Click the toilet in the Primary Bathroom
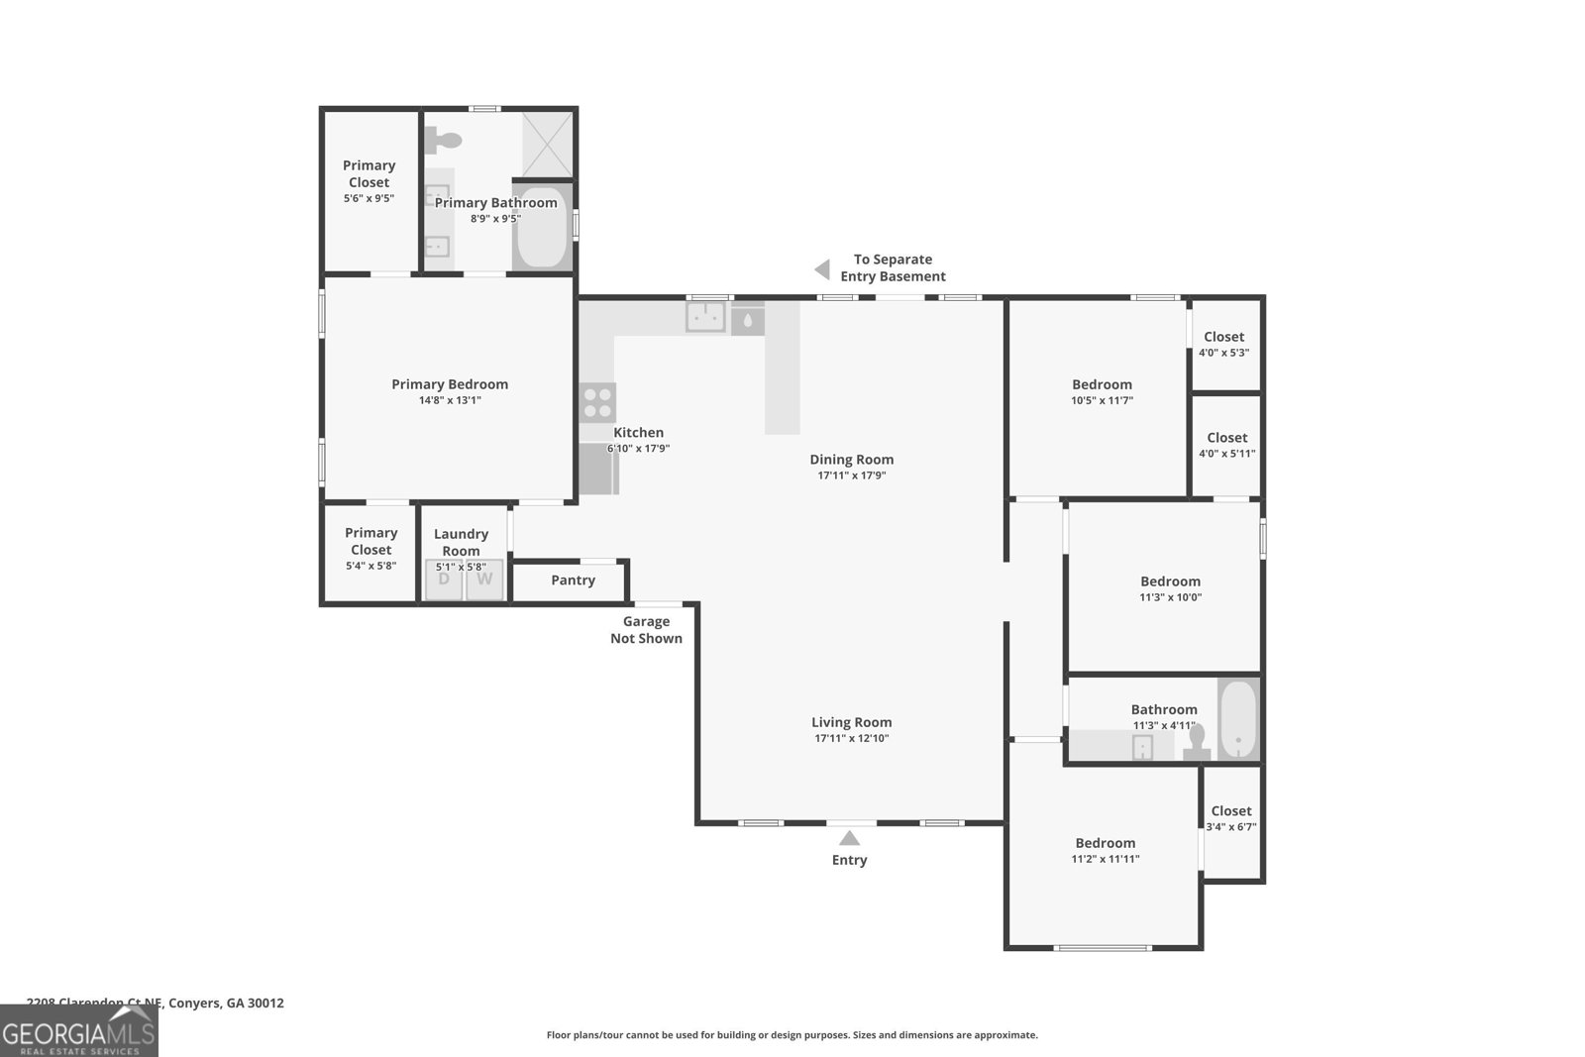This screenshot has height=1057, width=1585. (x=444, y=142)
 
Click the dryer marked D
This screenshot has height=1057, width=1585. (x=444, y=581)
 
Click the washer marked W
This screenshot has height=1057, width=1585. (x=484, y=581)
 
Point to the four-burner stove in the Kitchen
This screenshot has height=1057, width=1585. (x=597, y=402)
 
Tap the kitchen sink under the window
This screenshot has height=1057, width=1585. (x=706, y=317)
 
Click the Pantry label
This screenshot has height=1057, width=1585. (x=573, y=581)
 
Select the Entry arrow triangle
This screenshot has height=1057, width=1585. (x=849, y=838)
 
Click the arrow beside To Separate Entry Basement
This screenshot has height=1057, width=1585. (x=821, y=269)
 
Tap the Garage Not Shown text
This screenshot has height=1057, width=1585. (x=646, y=630)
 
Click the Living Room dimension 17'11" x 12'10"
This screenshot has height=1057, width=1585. (x=851, y=738)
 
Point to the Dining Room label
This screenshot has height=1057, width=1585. (x=851, y=460)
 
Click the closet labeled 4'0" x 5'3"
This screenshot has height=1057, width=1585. (x=1224, y=344)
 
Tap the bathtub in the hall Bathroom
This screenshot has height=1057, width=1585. (x=1238, y=719)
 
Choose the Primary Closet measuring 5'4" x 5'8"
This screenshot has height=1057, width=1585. (x=370, y=549)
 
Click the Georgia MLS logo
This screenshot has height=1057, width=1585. (x=78, y=1031)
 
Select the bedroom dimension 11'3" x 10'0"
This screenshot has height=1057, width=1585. (x=1170, y=597)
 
